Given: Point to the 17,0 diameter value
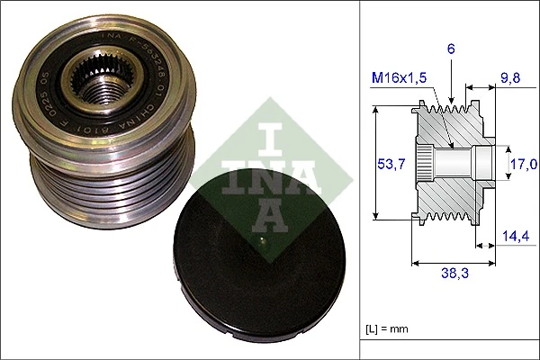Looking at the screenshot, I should (x=524, y=164).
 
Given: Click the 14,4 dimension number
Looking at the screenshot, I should (x=514, y=238).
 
